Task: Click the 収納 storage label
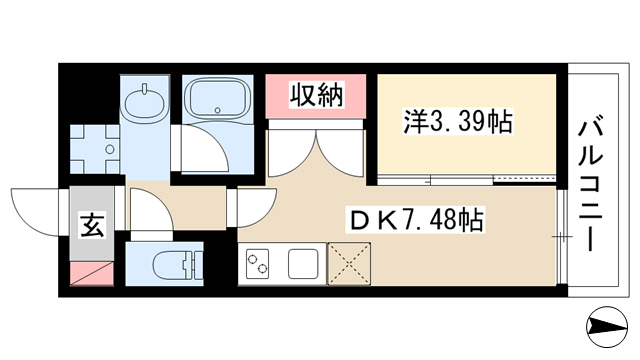pyautogui.click(x=316, y=95)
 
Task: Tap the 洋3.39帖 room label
pyautogui.click(x=458, y=121)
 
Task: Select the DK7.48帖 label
pyautogui.click(x=415, y=220)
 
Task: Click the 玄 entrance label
pyautogui.click(x=92, y=225)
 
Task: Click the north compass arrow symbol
pyautogui.click(x=607, y=327)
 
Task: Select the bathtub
pyautogui.click(x=217, y=98)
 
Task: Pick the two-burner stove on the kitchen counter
pyautogui.click(x=258, y=264)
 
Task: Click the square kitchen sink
pyautogui.click(x=303, y=264)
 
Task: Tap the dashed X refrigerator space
pyautogui.click(x=349, y=264)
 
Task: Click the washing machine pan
pyautogui.click(x=95, y=149)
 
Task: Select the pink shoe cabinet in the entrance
pyautogui.click(x=92, y=273)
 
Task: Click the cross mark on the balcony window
pyautogui.click(x=562, y=237)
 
